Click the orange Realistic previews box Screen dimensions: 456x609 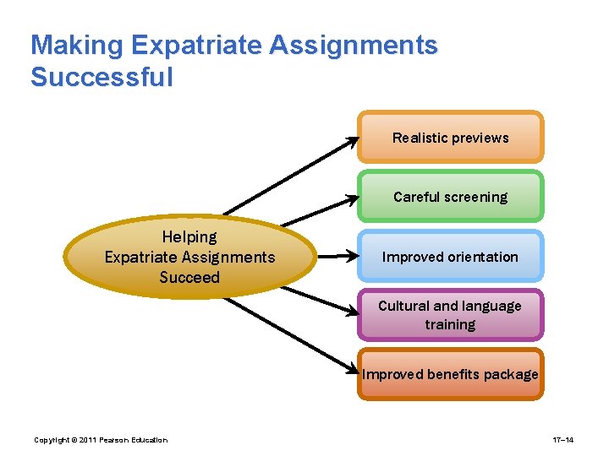pyautogui.click(x=450, y=138)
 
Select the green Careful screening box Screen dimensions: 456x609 pyautogui.click(x=450, y=197)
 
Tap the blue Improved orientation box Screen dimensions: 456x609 pyautogui.click(x=450, y=257)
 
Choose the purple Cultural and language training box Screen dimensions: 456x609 pyautogui.click(x=450, y=315)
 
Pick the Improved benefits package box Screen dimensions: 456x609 pyautogui.click(x=450, y=374)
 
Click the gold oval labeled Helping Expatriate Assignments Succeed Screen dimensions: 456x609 pyautogui.click(x=189, y=257)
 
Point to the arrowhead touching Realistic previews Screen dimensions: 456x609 pyautogui.click(x=352, y=143)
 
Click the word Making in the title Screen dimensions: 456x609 pyautogui.click(x=78, y=46)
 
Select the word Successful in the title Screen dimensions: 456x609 pyautogui.click(x=101, y=78)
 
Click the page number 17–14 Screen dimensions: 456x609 pyautogui.click(x=563, y=440)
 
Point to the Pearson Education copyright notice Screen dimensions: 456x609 pyautogui.click(x=101, y=440)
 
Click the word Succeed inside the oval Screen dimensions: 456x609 pyautogui.click(x=189, y=278)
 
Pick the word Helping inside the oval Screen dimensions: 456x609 pyautogui.click(x=189, y=237)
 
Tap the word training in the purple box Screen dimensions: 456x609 pyautogui.click(x=450, y=325)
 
